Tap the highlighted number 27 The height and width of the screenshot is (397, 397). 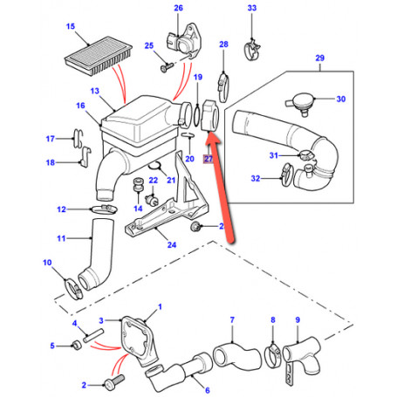pos(208,160)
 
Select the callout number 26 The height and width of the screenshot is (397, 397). pos(179,10)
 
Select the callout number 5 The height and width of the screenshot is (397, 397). pos(51,346)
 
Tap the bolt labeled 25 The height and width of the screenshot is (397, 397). pos(166,63)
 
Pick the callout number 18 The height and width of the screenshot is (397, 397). pos(50,163)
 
